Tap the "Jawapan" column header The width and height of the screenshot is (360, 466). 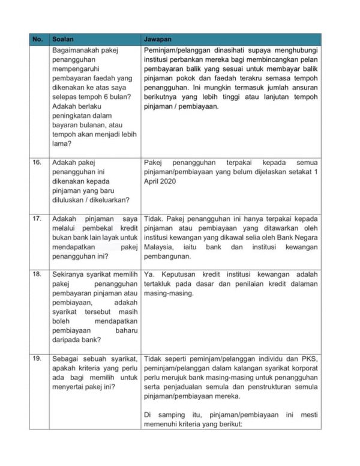157,38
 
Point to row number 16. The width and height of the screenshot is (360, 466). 37,162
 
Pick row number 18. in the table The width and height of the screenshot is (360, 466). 37,274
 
